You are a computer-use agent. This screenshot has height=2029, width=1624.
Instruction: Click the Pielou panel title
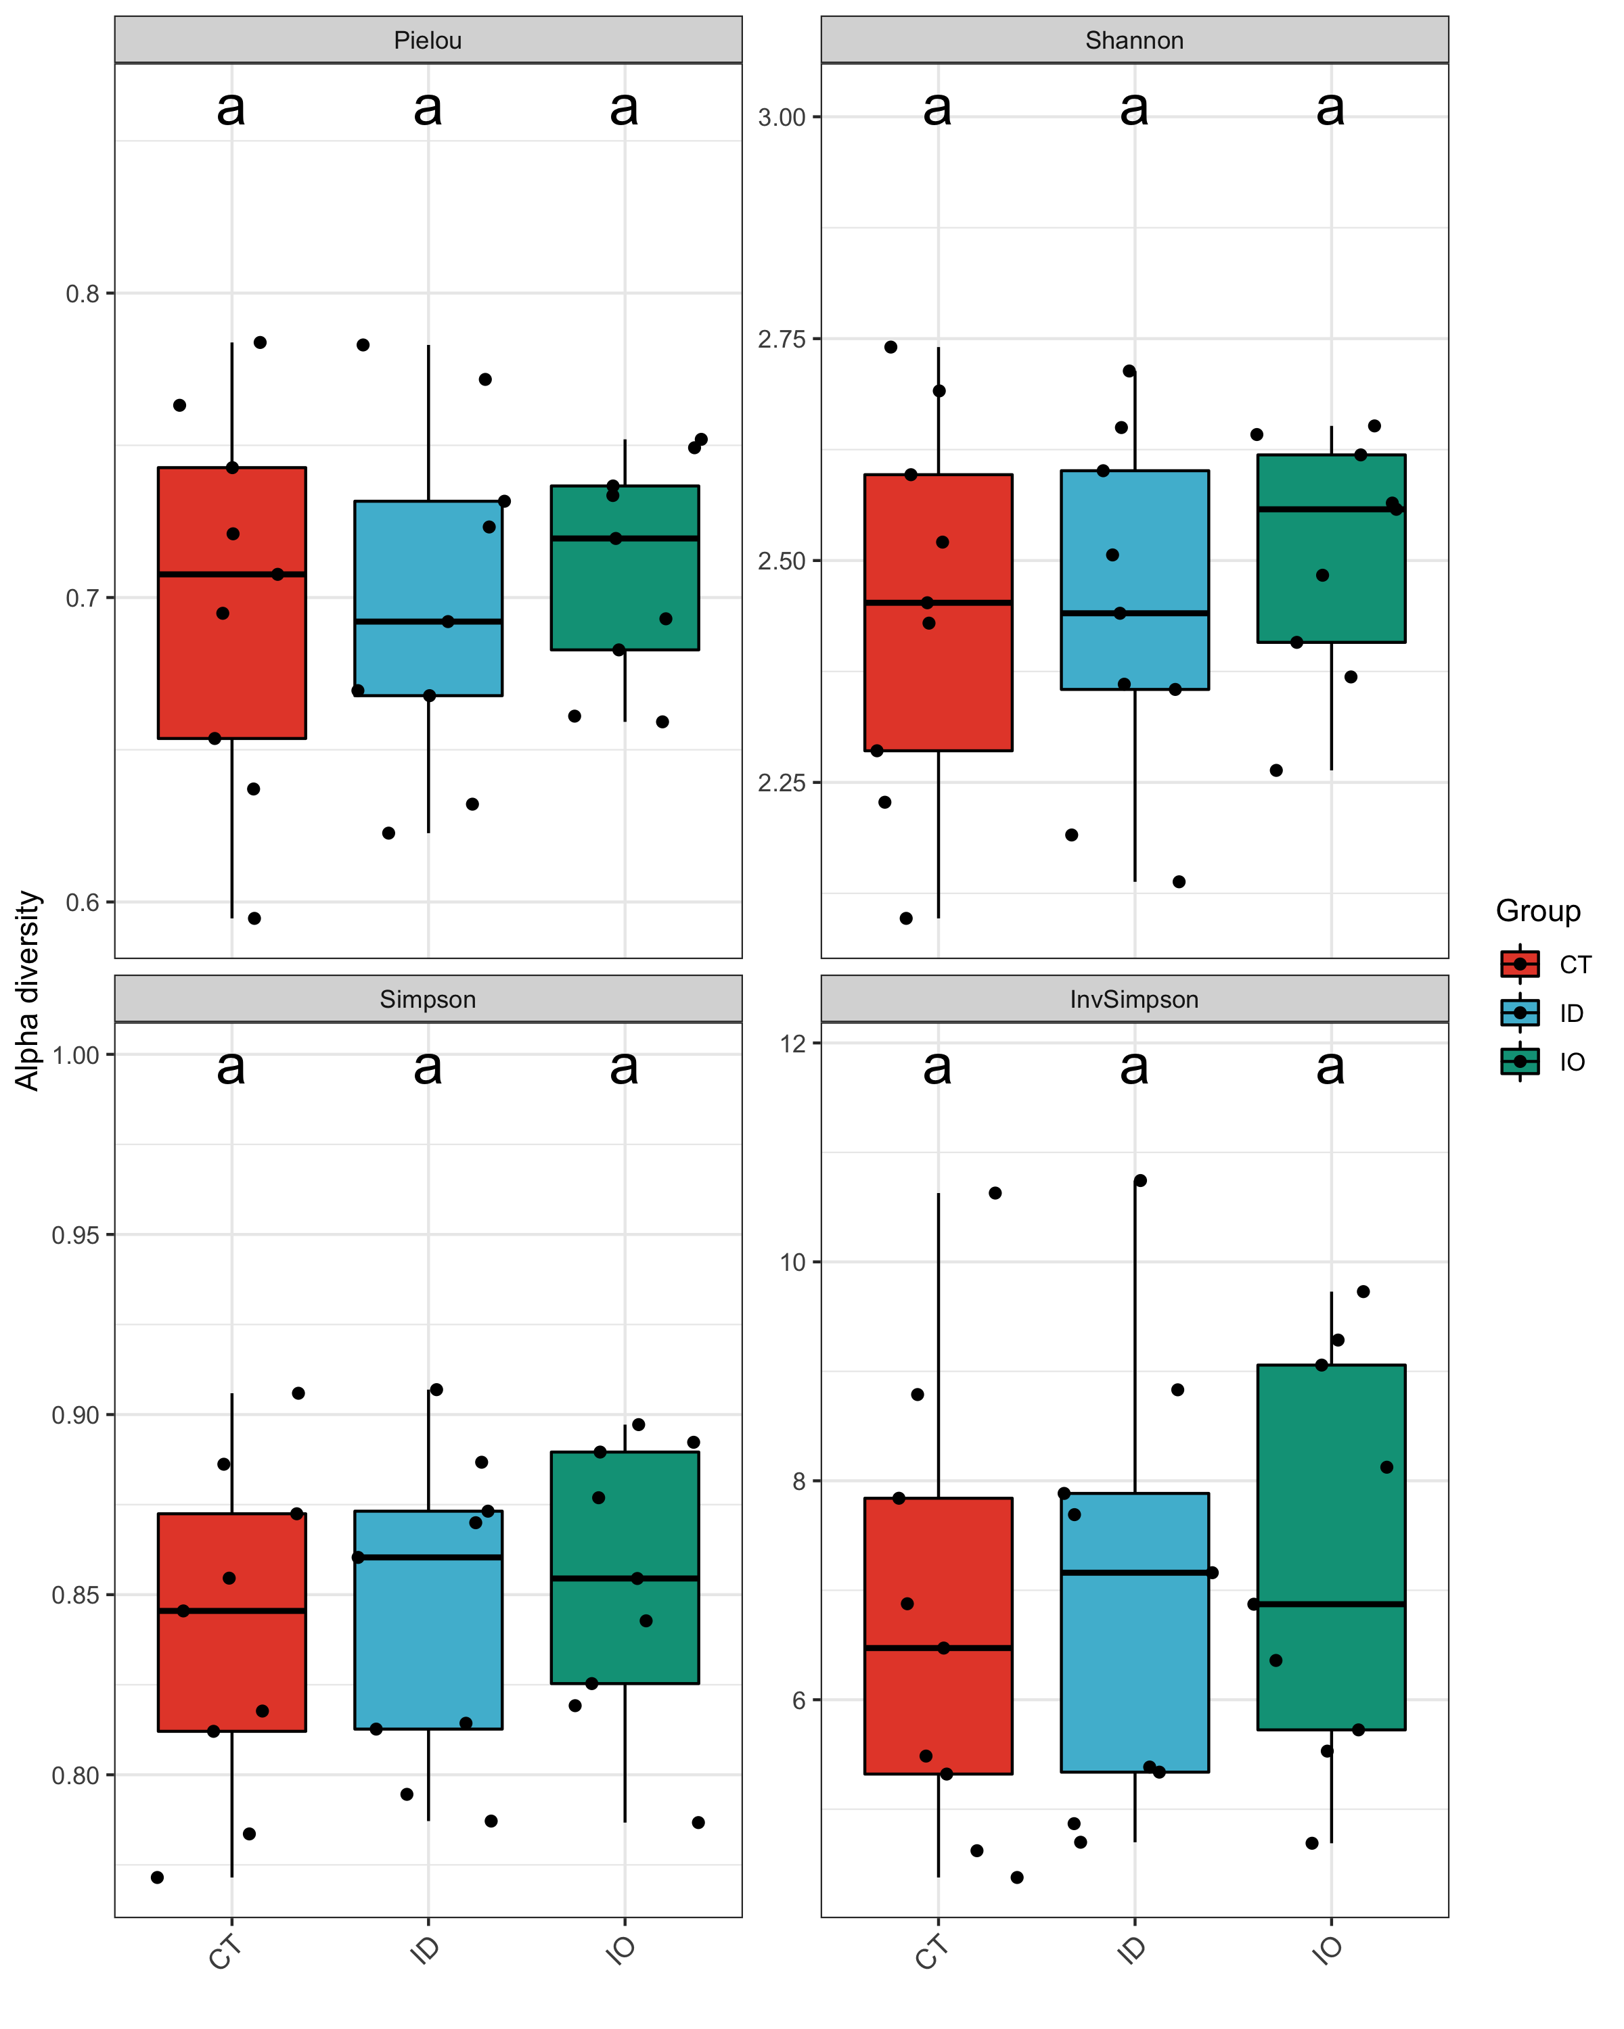click(428, 41)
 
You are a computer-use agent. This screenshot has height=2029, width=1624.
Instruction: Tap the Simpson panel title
click(428, 1000)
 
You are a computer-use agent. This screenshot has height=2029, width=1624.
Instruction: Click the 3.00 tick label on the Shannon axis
click(782, 118)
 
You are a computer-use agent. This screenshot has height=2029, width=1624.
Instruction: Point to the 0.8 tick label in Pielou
click(82, 294)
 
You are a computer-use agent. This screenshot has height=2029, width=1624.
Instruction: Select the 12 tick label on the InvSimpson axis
click(794, 1043)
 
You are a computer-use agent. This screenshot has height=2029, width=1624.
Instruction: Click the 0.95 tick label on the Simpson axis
click(75, 1235)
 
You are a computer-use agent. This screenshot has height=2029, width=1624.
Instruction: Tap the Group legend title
click(1537, 911)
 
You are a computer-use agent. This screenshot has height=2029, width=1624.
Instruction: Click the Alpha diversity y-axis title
click(28, 990)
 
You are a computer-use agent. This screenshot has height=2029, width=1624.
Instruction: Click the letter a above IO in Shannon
click(1330, 108)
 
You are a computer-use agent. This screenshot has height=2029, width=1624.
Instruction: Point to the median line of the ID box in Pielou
click(428, 621)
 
